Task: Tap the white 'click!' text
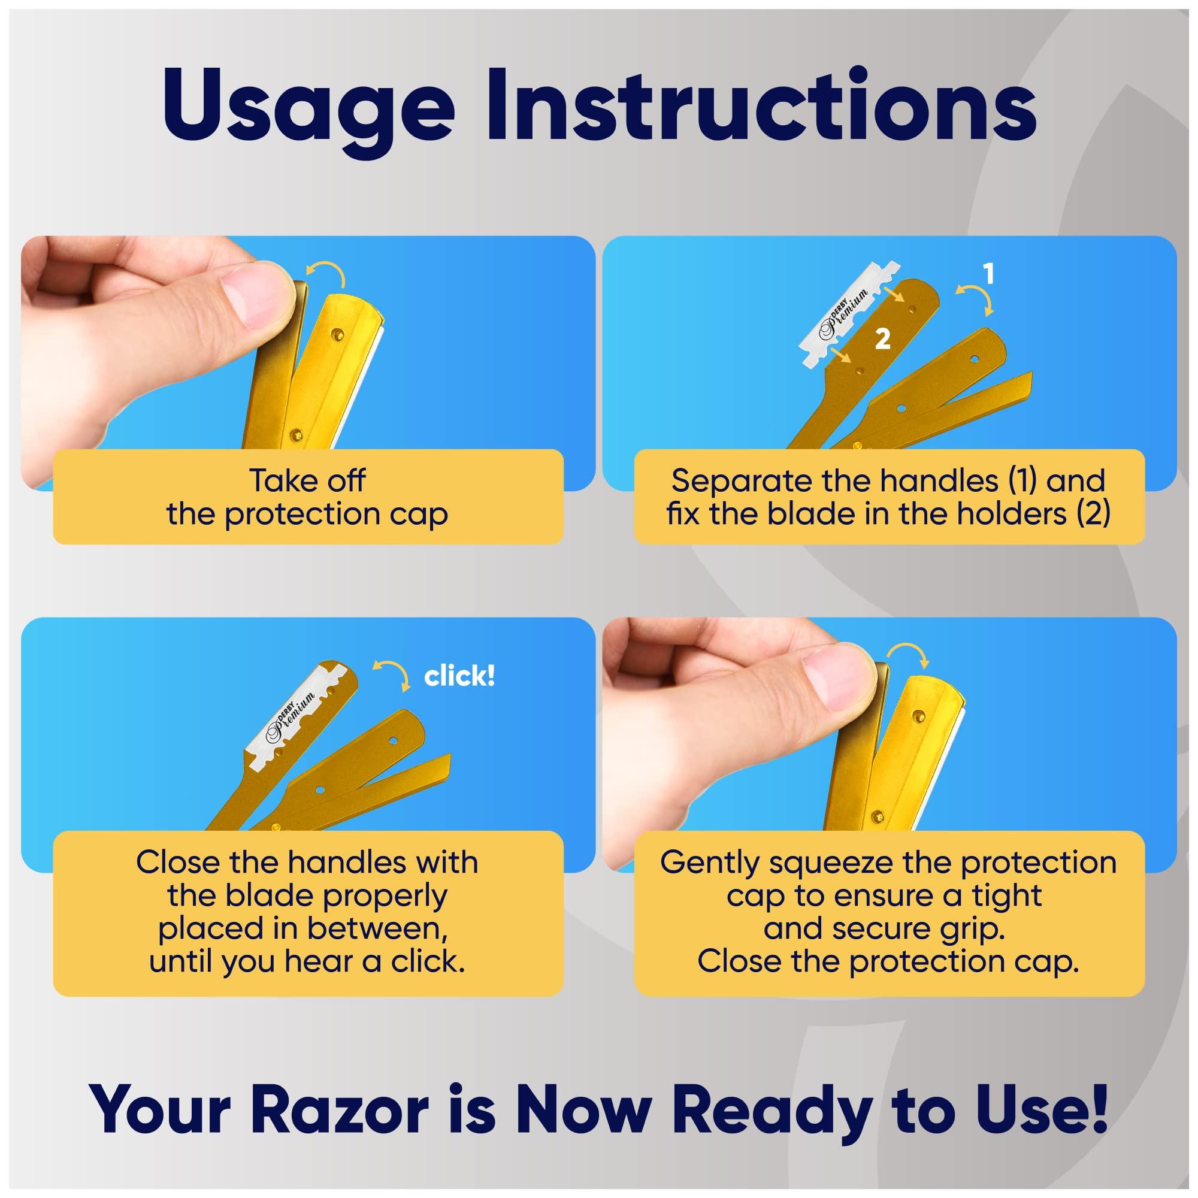pyautogui.click(x=459, y=676)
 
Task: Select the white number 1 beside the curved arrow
pyautogui.click(x=988, y=274)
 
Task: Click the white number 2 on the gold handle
pyautogui.click(x=882, y=338)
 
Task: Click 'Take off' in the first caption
pyautogui.click(x=307, y=480)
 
